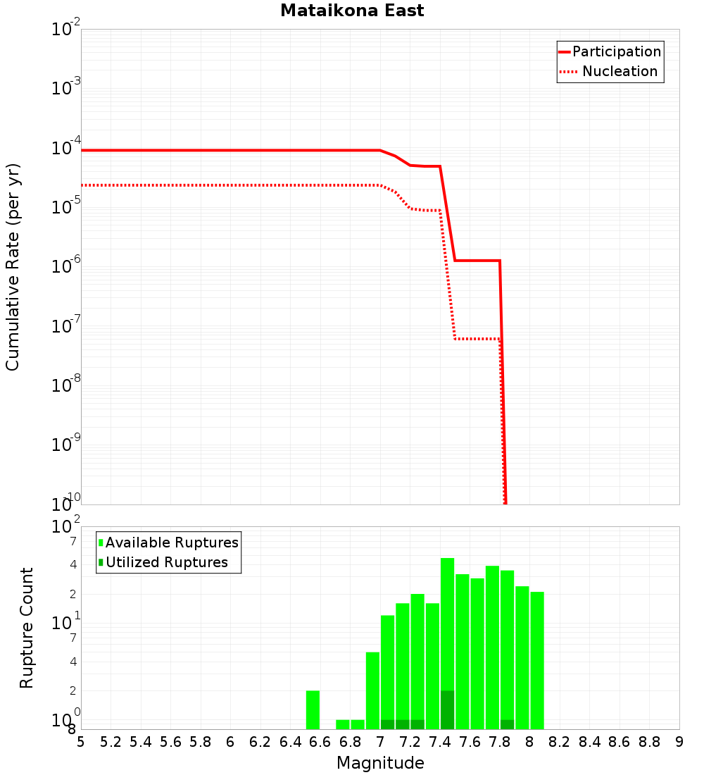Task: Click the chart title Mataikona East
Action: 352,11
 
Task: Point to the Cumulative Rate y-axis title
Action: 13,267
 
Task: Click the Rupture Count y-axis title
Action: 27,628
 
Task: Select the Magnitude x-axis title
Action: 380,763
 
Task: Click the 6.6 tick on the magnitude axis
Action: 320,742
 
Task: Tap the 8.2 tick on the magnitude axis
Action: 560,742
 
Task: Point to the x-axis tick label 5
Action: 81,742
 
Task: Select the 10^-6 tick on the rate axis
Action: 66,266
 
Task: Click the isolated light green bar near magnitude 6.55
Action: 313,710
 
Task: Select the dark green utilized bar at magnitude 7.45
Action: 448,710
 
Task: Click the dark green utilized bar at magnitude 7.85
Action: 508,724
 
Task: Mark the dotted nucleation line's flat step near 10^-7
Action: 477,339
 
